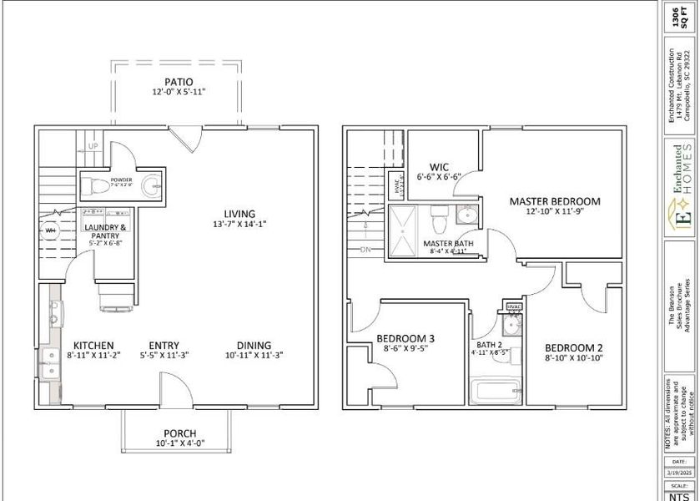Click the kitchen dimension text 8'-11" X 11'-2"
pyautogui.click(x=93, y=355)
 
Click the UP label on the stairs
pyautogui.click(x=94, y=146)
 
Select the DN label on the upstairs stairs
pyautogui.click(x=365, y=250)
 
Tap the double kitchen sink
pyautogui.click(x=54, y=312)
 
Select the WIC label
pyautogui.click(x=440, y=166)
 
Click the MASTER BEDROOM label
pyautogui.click(x=555, y=201)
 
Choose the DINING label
pyautogui.click(x=253, y=345)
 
